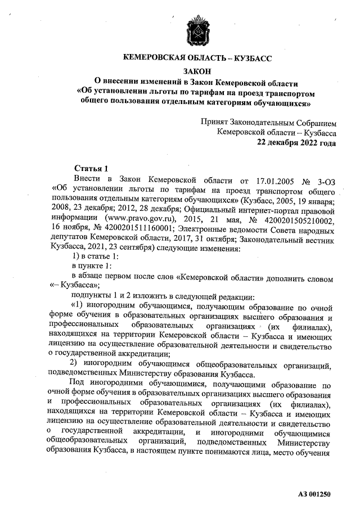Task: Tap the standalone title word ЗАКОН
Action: click(197, 71)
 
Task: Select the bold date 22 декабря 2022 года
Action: click(297, 142)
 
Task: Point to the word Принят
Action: click(214, 122)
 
